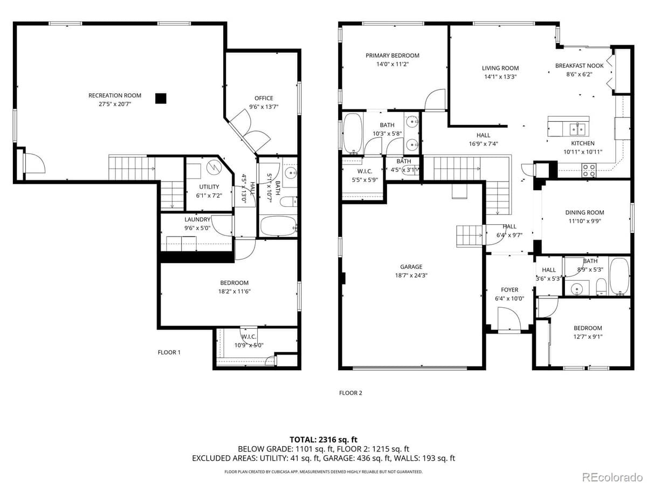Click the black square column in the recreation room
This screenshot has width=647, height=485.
click(161, 99)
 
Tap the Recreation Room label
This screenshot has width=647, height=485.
click(115, 95)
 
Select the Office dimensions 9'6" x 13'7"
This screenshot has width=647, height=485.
click(264, 107)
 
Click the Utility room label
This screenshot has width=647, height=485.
click(209, 186)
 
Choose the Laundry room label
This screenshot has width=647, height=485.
click(197, 219)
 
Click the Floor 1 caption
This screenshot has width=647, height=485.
click(169, 352)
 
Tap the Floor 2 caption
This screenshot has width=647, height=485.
click(350, 393)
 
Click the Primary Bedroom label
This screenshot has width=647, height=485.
click(393, 56)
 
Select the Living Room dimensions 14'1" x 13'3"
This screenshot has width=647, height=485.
click(500, 77)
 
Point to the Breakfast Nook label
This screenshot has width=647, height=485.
click(579, 66)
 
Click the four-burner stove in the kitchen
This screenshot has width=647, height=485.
click(589, 170)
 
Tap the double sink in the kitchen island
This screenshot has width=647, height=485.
click(577, 129)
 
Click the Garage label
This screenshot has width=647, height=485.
click(411, 267)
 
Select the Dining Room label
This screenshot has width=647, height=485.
click(584, 212)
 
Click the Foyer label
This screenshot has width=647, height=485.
click(510, 290)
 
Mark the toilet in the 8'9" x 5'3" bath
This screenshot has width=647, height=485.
click(601, 287)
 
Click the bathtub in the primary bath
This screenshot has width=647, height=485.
click(353, 133)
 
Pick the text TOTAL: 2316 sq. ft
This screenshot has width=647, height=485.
click(323, 440)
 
